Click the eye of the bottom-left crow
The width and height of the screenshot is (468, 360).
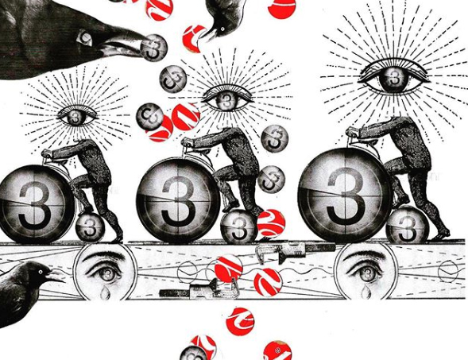41,272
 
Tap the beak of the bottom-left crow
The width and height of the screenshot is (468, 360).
55,276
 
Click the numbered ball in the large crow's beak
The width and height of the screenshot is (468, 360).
154,48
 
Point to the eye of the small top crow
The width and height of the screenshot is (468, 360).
222,29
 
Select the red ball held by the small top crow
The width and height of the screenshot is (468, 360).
194,38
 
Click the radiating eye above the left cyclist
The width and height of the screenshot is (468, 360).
77,116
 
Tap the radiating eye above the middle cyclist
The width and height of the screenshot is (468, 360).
227,99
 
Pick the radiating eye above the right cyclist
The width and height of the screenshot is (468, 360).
394,75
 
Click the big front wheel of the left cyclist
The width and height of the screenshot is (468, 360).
35,203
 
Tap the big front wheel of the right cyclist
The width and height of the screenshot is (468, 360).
346,195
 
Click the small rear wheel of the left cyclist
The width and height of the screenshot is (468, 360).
90,226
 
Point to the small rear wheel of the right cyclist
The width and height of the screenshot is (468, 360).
408,224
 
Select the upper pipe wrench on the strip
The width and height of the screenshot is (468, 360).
296,252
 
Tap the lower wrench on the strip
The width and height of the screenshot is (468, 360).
198,289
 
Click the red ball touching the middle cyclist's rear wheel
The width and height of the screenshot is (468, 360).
271,223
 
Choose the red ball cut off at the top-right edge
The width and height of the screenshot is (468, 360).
282,8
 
